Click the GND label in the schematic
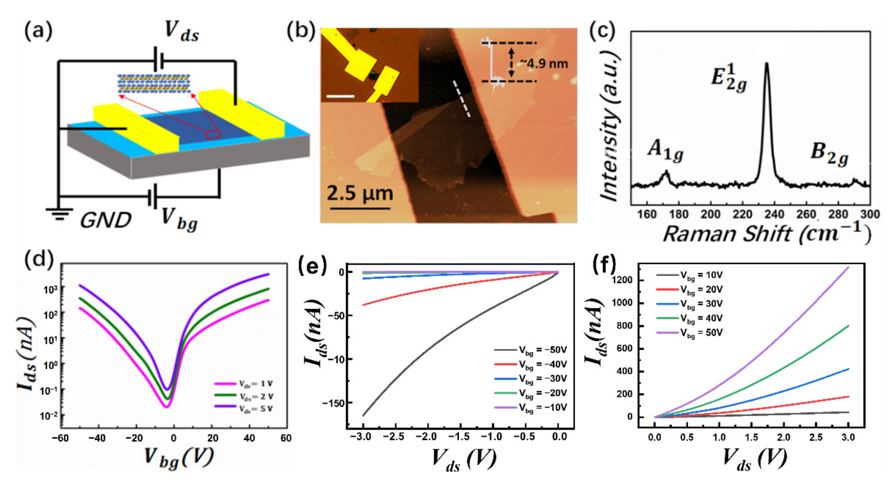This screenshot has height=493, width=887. pos(105,220)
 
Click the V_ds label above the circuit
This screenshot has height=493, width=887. pos(181,32)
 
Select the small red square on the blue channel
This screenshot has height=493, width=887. pos(213,135)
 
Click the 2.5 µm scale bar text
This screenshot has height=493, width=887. pos(360,193)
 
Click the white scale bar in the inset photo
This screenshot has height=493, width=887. pos(340,96)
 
